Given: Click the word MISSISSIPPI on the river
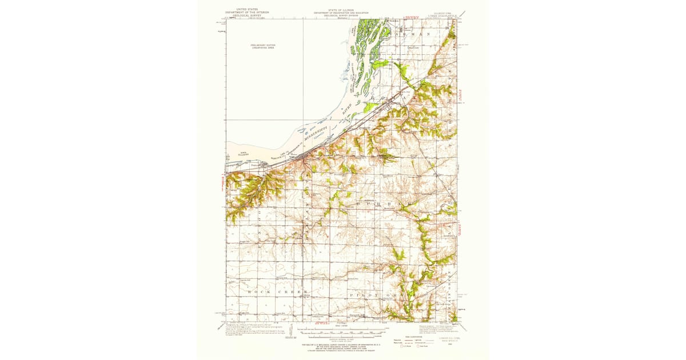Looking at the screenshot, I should pos(316,136).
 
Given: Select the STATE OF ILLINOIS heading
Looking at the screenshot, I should pos(341,10).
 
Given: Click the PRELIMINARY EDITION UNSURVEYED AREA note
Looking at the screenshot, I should pos(262,46).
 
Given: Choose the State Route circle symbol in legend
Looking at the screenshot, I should pos(418,346).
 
